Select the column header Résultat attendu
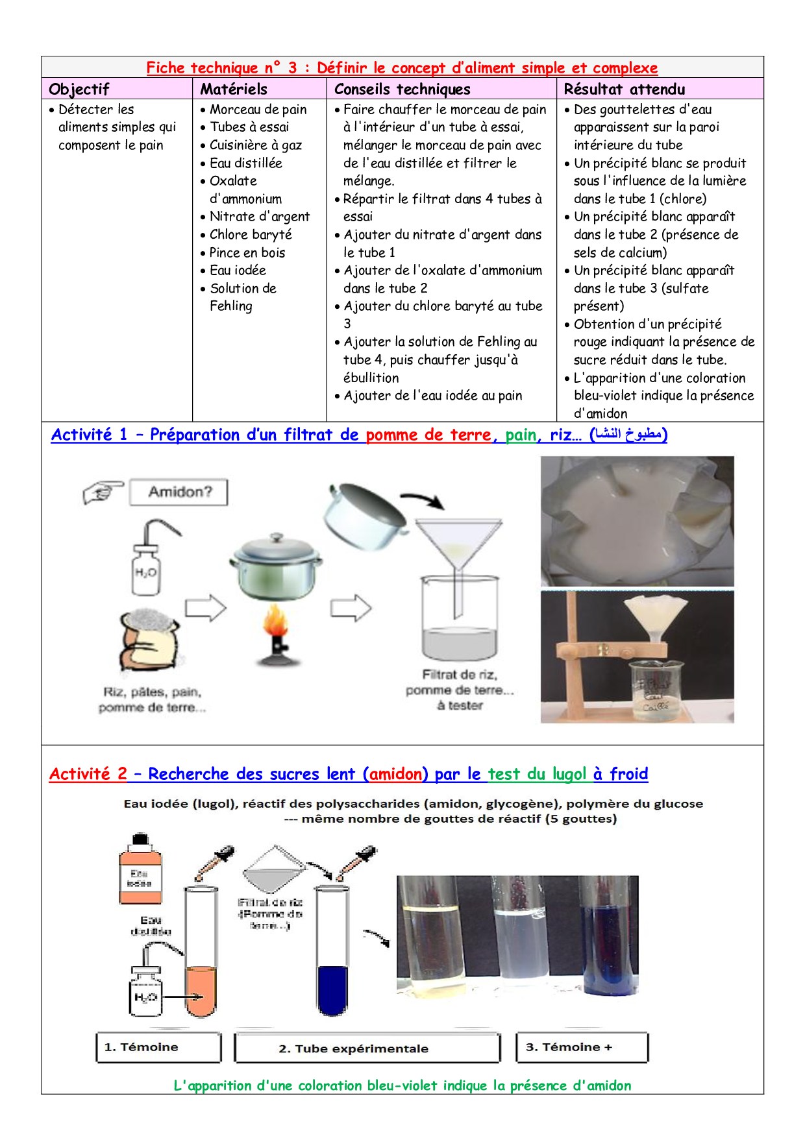point(624,89)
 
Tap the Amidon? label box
point(179,492)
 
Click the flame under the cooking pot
point(276,623)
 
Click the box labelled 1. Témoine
point(158,1047)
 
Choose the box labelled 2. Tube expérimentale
point(367,1048)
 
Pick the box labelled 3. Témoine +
point(582,1047)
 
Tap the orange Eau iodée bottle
point(140,871)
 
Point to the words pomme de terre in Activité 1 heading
point(428,435)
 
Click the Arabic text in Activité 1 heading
point(628,435)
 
